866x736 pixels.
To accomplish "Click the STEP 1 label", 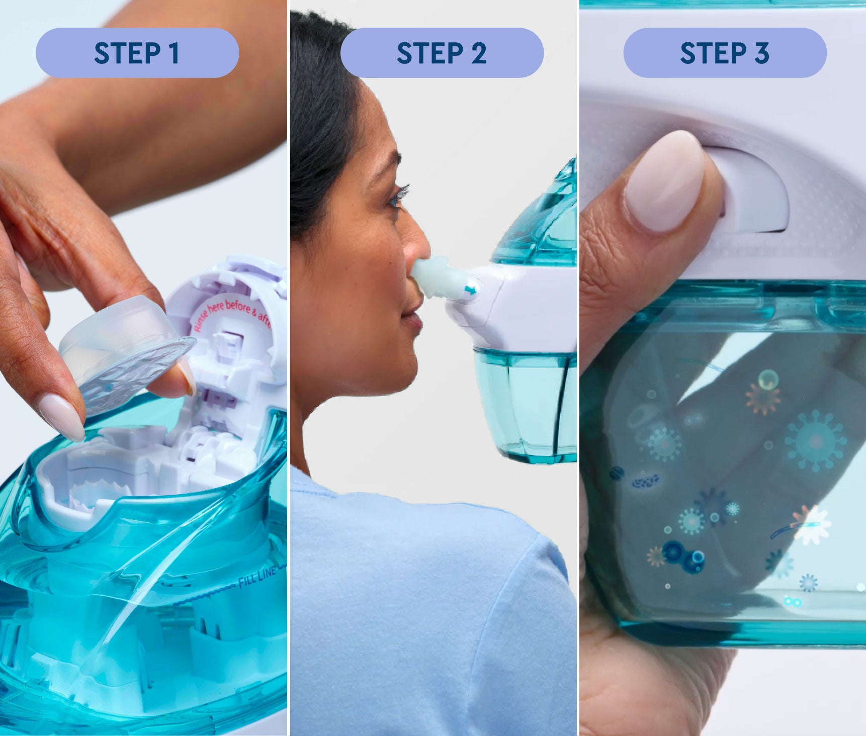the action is point(137,53).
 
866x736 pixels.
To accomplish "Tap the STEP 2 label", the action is point(442,53).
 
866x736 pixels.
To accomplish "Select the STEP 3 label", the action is point(725,53).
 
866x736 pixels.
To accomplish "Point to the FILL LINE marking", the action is point(257,576).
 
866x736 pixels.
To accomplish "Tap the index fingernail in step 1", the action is point(61,416).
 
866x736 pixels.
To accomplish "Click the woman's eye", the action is point(398,197).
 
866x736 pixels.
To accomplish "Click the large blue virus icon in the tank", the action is point(815,440).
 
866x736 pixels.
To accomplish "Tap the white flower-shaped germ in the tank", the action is point(811,526).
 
